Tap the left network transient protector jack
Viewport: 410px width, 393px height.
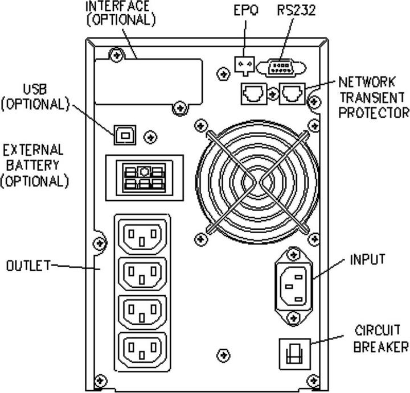click(x=252, y=93)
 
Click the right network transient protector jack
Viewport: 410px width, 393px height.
click(x=292, y=93)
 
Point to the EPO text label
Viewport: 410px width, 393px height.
click(x=246, y=10)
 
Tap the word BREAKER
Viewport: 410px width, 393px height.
click(x=381, y=346)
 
